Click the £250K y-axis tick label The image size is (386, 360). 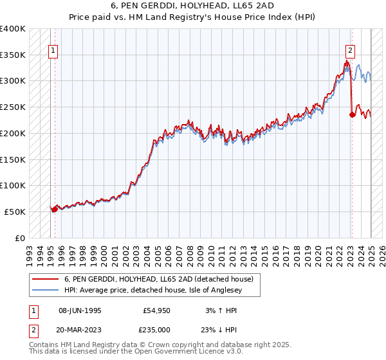[x=13, y=107]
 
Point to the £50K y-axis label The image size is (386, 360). [x=15, y=212]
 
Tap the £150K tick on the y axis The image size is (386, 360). [x=13, y=159]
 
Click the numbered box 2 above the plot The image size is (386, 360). [x=351, y=52]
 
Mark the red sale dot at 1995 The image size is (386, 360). [x=54, y=208]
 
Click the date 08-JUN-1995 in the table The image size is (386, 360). [x=80, y=310]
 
